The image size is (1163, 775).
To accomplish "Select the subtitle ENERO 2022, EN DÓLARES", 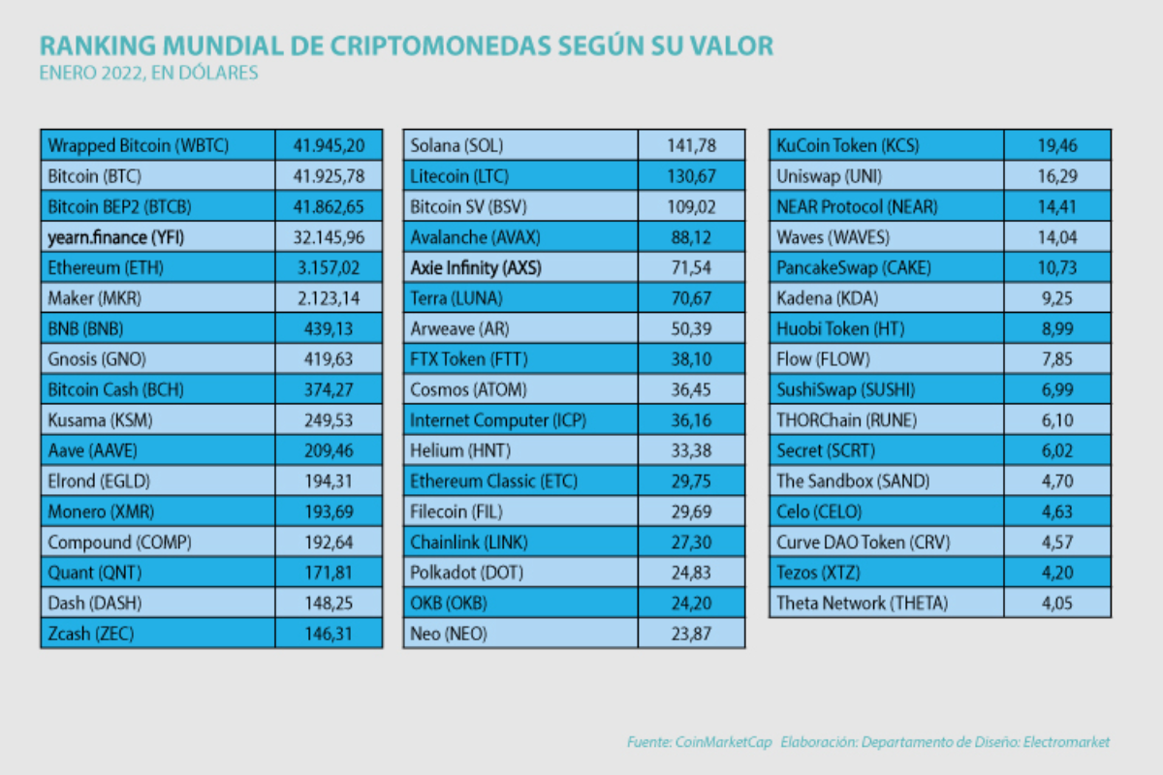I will click(148, 74).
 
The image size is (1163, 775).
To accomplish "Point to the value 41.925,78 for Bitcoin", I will click(329, 176).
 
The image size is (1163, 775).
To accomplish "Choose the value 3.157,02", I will click(329, 267).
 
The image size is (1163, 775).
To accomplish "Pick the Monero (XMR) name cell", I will click(100, 511).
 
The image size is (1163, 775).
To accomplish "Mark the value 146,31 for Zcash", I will click(329, 633).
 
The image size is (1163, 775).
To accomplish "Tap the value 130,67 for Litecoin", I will click(691, 176).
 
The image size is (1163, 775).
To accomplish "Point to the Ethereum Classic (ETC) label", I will click(493, 480).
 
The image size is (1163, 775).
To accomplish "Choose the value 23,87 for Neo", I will click(691, 633).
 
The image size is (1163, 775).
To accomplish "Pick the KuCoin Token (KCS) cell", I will click(848, 146).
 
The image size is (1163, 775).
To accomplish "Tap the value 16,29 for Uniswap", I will click(1056, 176).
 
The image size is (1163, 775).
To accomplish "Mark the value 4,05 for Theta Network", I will click(1056, 603).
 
